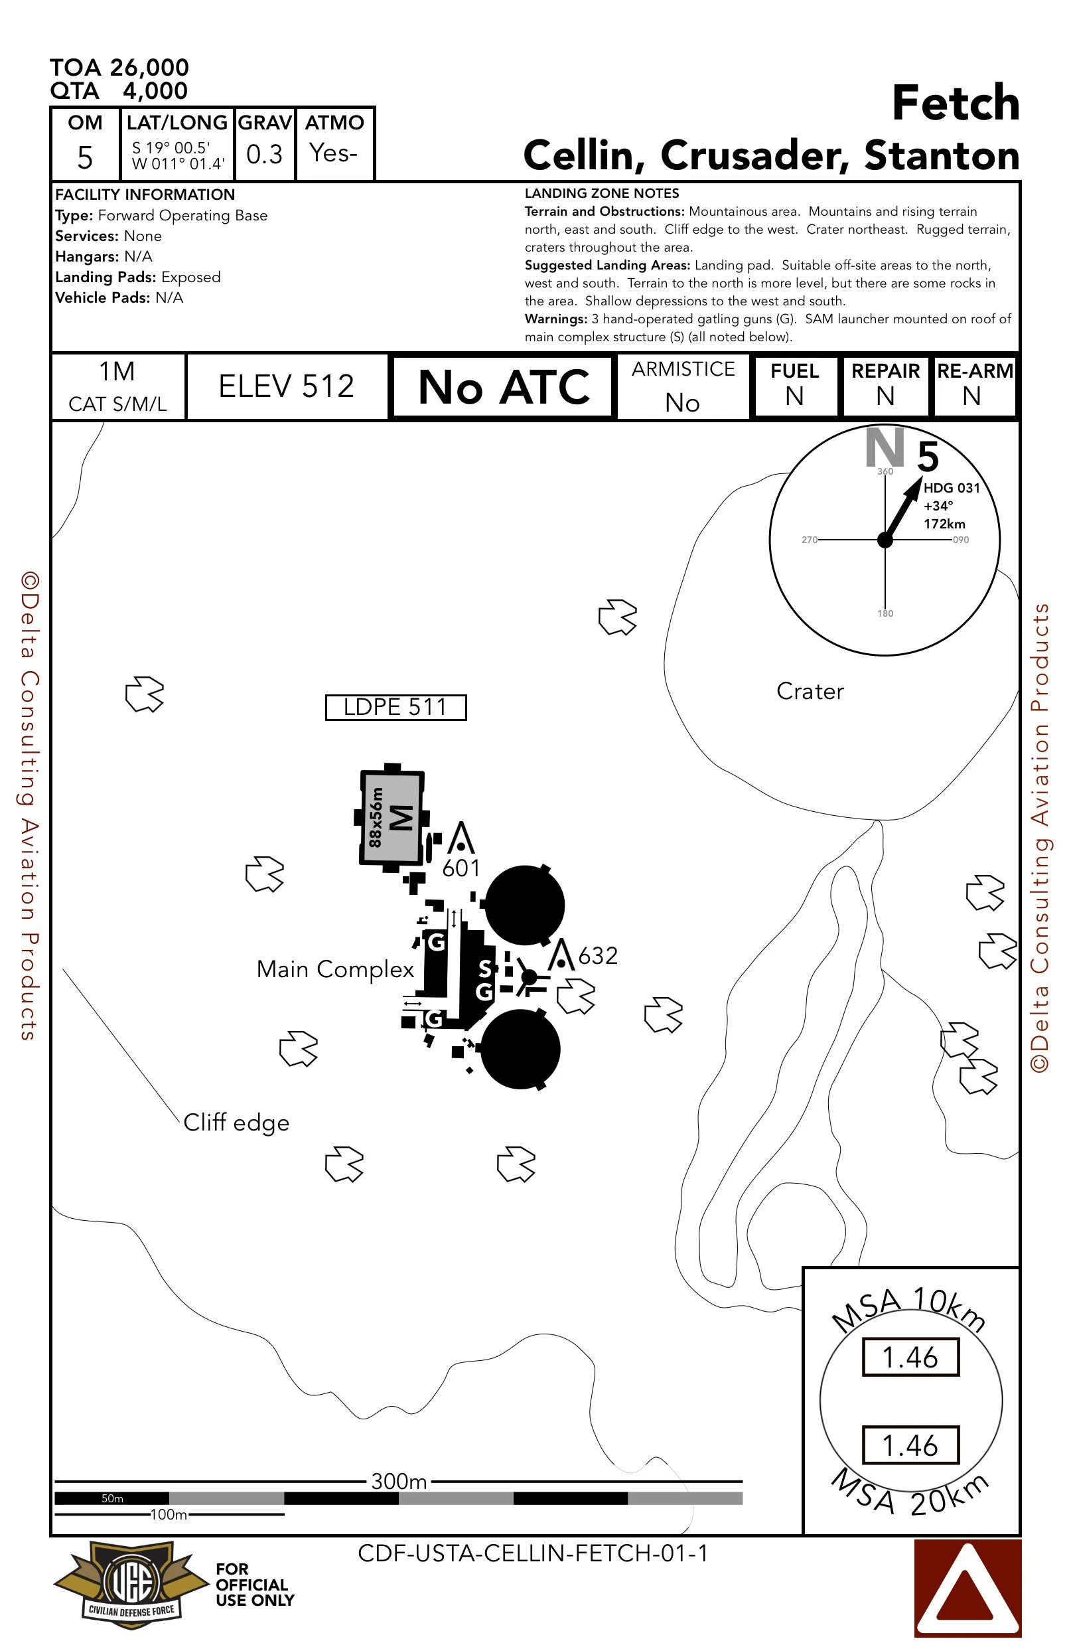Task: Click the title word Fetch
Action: pyautogui.click(x=955, y=104)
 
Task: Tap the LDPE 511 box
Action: pyautogui.click(x=395, y=707)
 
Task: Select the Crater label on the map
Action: pyautogui.click(x=810, y=691)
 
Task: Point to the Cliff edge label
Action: pyautogui.click(x=236, y=1123)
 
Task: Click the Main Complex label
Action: pyautogui.click(x=334, y=969)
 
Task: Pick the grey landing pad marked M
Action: pyautogui.click(x=392, y=817)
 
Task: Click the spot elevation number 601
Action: pyautogui.click(x=461, y=868)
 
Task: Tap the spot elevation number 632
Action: pyautogui.click(x=598, y=955)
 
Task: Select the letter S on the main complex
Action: pyautogui.click(x=485, y=969)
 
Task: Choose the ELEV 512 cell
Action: pyautogui.click(x=287, y=386)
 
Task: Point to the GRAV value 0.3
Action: pyautogui.click(x=264, y=154)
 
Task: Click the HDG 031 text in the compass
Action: pyautogui.click(x=952, y=487)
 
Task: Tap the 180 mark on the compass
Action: pyautogui.click(x=885, y=613)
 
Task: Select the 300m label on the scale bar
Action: pyautogui.click(x=399, y=1481)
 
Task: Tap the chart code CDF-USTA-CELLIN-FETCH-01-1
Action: pyautogui.click(x=533, y=1553)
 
